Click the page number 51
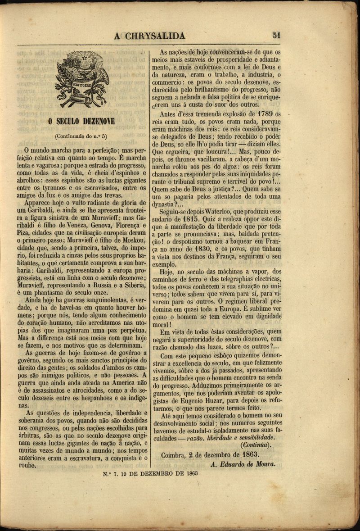tap(276, 36)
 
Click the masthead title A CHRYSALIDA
tap(149, 36)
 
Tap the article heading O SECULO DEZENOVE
tap(81, 121)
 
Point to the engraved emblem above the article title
tap(82, 79)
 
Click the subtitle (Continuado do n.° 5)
tap(81, 135)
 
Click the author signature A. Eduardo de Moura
tap(243, 464)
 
